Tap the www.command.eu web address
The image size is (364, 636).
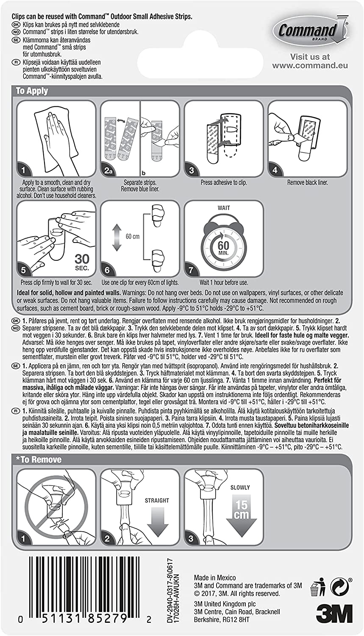310,65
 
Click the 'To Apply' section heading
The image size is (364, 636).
32,91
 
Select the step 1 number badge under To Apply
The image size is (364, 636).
24,170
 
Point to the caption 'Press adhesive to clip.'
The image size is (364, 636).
224,183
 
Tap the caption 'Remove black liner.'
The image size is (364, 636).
308,183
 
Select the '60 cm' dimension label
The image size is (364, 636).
132,236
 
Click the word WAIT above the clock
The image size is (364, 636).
224,208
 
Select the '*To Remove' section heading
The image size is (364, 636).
39,460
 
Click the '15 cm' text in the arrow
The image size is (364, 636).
242,509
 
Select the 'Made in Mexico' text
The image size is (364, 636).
215,577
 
